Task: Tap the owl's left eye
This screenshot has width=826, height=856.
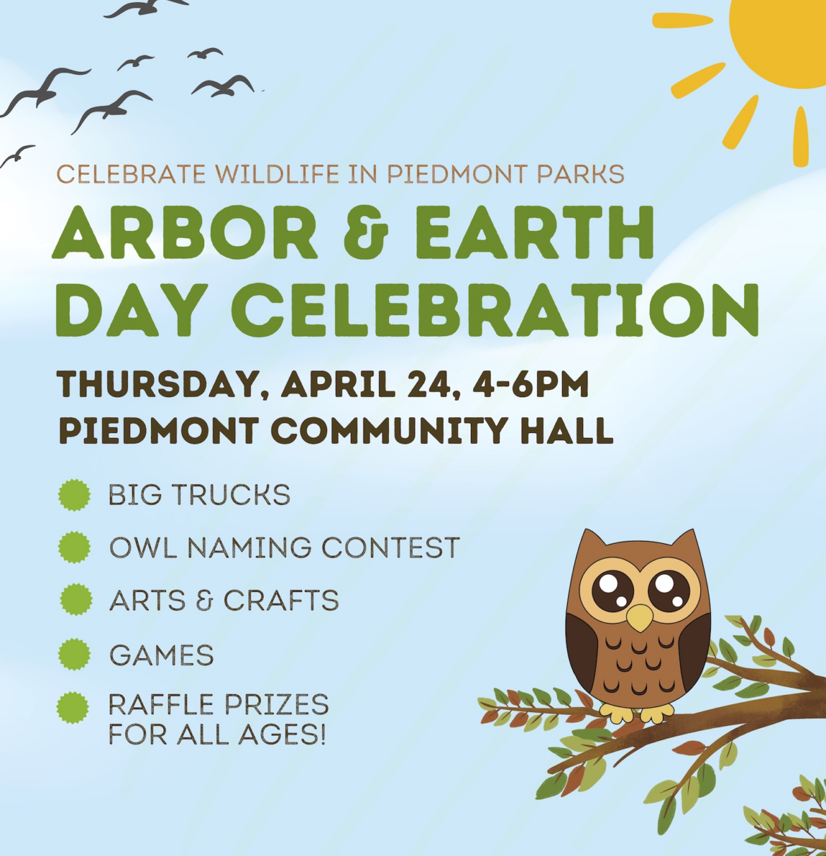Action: (613, 590)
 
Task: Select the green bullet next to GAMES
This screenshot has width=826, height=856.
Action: (74, 654)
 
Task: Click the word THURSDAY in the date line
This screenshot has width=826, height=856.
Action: (158, 384)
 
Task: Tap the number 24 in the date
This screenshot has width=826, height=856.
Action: (433, 384)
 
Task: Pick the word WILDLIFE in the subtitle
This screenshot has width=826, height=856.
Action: (277, 174)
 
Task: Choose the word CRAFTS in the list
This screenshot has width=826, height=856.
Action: (282, 600)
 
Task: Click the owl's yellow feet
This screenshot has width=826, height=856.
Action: (637, 713)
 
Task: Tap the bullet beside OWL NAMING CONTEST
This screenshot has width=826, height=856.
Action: (74, 547)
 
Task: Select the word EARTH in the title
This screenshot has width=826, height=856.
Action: (534, 232)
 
